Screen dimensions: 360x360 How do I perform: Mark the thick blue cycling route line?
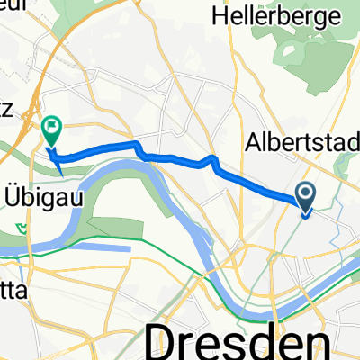(x=180, y=160)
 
